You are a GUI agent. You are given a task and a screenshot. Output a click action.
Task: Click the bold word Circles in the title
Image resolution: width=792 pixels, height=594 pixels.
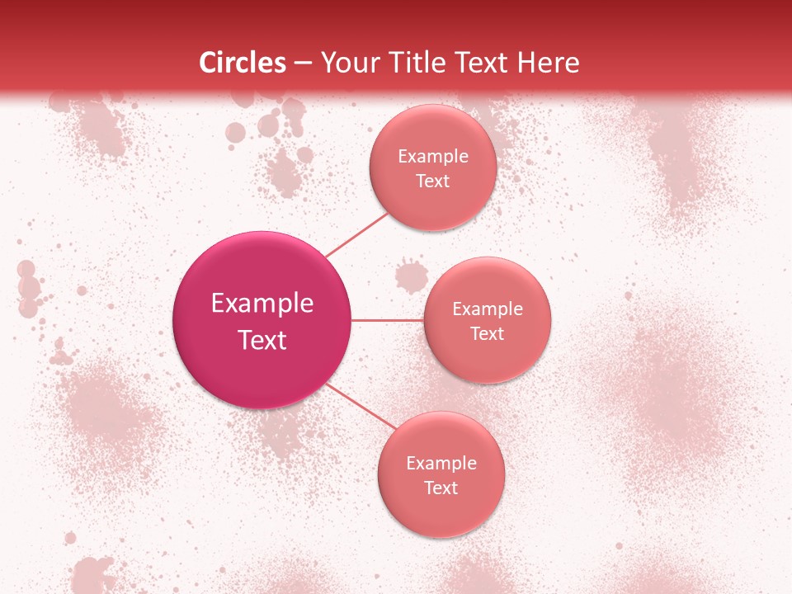243,63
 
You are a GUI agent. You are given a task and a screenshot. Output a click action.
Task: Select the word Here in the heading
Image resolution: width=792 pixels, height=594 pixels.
545,63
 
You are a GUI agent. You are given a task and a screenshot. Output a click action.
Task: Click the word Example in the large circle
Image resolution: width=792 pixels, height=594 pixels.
262,304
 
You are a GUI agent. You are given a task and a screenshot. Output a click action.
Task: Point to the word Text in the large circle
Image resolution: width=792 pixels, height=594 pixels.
262,340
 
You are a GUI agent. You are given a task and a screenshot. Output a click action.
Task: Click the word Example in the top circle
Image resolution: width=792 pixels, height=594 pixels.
433,157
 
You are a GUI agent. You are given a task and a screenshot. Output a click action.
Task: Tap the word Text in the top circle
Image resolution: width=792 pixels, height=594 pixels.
432,181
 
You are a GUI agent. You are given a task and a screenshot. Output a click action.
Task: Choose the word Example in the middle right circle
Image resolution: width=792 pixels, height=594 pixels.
488,309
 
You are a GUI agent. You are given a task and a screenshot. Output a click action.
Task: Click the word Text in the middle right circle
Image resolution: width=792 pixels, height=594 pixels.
488,334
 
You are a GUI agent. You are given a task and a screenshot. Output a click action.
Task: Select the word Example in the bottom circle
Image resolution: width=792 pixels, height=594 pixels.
441,464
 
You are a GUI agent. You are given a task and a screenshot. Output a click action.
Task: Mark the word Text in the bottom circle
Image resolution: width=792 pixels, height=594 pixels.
441,488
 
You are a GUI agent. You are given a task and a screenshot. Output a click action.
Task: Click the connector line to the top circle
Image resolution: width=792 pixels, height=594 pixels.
356,235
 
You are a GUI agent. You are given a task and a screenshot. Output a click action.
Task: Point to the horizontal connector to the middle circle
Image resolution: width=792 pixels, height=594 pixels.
387,320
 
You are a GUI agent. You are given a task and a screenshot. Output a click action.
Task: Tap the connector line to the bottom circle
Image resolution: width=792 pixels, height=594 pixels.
361,407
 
